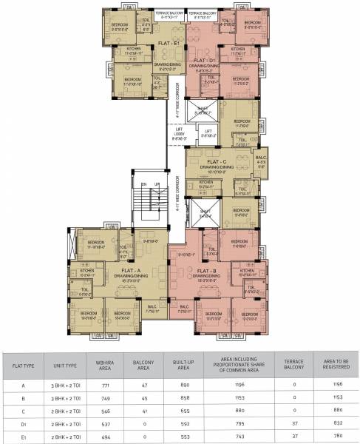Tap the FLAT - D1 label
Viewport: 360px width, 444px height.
click(x=202, y=59)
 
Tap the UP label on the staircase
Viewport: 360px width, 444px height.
click(x=157, y=184)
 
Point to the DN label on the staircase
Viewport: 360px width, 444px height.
click(x=145, y=184)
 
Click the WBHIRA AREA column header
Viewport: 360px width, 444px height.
click(x=105, y=365)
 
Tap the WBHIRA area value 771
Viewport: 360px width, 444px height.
click(x=105, y=386)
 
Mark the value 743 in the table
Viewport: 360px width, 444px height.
click(x=240, y=437)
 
